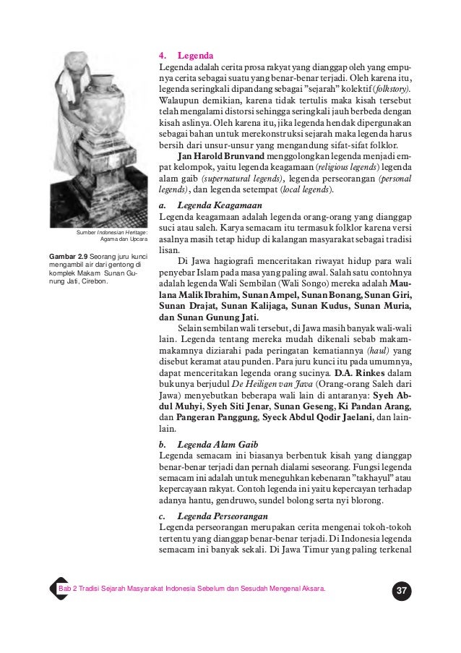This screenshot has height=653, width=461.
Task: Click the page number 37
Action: coord(402,592)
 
